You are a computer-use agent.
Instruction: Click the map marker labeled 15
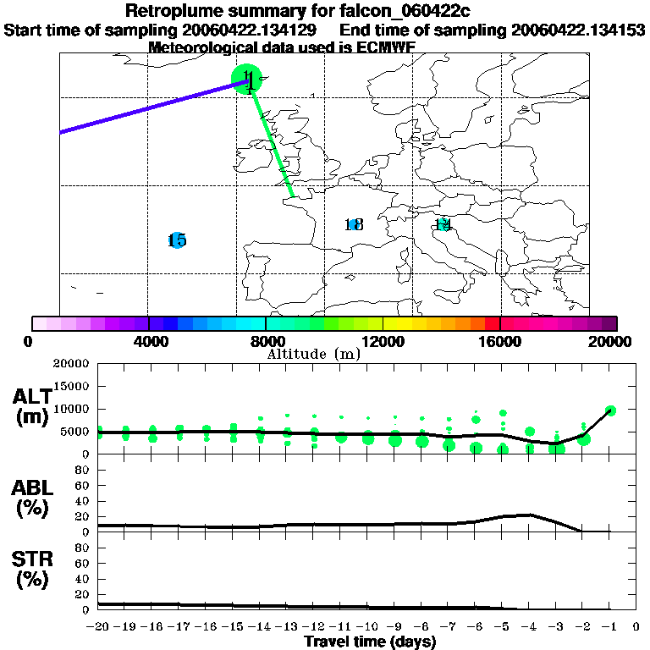tap(177, 240)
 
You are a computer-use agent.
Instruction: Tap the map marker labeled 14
tap(442, 224)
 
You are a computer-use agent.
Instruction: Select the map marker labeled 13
tap(354, 224)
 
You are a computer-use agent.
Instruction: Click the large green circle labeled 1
tap(248, 80)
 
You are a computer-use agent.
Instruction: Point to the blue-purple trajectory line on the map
tap(144, 107)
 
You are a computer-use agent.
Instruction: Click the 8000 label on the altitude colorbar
tap(266, 342)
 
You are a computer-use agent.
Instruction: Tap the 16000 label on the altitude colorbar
tap(500, 342)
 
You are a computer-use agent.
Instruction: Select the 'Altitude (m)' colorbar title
tap(313, 354)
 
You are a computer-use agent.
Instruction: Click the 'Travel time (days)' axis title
tap(370, 642)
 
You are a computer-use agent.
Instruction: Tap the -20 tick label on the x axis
tap(99, 627)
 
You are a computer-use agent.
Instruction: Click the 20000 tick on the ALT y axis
tap(72, 364)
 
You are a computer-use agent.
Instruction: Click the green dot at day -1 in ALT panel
tap(610, 410)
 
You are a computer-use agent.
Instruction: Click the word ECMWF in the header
tap(387, 47)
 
